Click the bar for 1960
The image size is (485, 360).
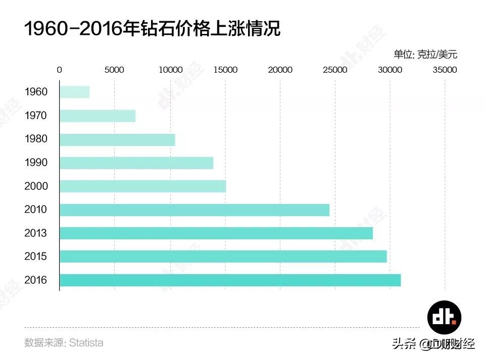point(74,92)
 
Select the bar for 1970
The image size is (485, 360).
point(98,116)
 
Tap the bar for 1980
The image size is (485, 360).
point(117,139)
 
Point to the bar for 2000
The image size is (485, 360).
point(142,186)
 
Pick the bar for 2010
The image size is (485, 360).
point(195,210)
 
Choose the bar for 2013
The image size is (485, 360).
point(216,233)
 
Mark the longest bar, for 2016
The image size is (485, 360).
point(230,280)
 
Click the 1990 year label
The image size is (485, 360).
point(36,163)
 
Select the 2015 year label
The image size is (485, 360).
point(36,256)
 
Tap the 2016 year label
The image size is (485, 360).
point(36,280)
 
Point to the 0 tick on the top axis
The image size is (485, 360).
point(60,70)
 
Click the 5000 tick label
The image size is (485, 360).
point(114,70)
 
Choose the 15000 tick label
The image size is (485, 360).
point(225,70)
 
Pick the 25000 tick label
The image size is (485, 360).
point(335,70)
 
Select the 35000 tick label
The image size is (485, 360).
point(445,70)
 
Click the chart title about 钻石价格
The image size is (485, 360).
point(152,29)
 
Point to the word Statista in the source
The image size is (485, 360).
point(86,343)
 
